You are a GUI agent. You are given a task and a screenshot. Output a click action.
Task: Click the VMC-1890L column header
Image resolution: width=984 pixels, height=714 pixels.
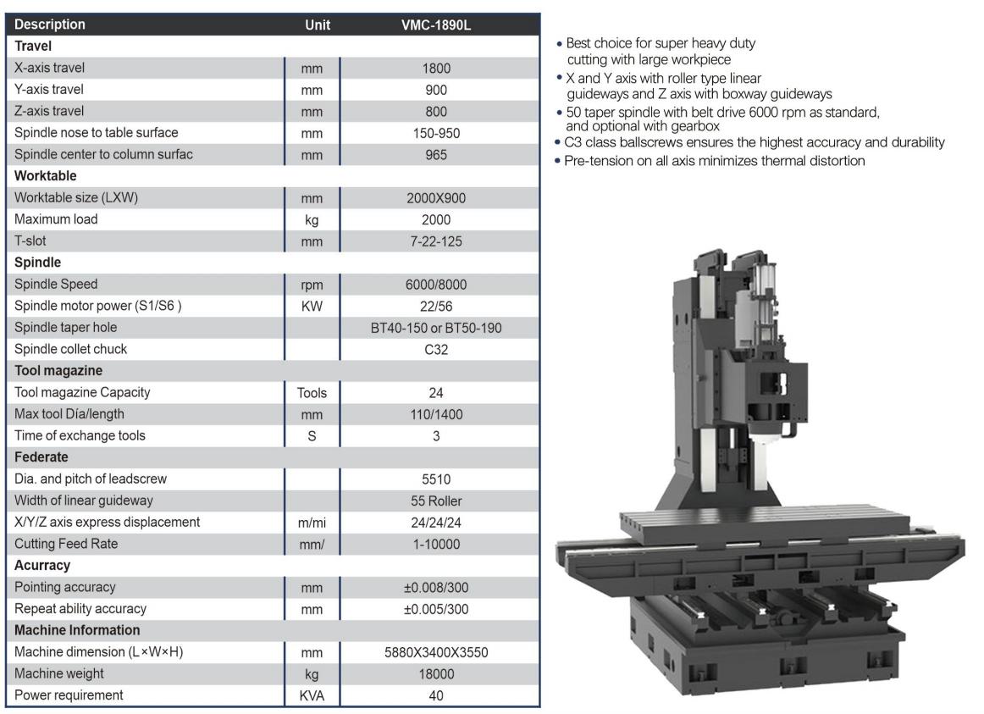tap(436, 25)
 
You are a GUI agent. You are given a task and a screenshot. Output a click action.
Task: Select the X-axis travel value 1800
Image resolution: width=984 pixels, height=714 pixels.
tap(436, 69)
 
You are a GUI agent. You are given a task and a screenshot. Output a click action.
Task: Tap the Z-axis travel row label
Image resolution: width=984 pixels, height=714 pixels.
tap(49, 111)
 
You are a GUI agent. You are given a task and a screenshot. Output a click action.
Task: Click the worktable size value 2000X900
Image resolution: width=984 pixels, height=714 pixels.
tap(436, 198)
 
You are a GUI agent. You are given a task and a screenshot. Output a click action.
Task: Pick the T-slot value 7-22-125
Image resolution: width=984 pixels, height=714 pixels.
tap(436, 241)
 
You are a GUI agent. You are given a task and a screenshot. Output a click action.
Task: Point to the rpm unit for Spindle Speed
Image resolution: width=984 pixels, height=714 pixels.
tap(312, 285)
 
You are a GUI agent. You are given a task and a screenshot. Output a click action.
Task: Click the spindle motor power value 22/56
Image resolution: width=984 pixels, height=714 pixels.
tap(436, 306)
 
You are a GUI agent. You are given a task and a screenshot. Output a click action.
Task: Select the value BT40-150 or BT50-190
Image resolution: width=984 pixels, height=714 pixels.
tap(436, 328)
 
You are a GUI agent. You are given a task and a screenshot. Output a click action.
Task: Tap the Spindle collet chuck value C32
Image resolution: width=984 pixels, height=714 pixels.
tap(436, 350)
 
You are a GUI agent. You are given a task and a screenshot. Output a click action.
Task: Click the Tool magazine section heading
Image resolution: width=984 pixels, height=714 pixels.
tap(58, 371)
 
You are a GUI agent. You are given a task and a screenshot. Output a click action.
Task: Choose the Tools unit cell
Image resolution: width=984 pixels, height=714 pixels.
tap(312, 393)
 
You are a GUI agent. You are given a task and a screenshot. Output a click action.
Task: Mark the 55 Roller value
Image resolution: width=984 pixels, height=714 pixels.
tap(436, 501)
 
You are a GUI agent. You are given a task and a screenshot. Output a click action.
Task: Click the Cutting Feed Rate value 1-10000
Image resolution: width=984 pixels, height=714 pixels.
tap(436, 545)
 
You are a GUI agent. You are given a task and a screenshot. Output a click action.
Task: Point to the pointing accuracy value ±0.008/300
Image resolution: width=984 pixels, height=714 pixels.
tap(436, 588)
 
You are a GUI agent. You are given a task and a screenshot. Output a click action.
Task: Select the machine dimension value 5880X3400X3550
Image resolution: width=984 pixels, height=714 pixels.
tap(436, 652)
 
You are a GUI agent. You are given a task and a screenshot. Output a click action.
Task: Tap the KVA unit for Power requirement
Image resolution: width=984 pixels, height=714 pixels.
tap(312, 696)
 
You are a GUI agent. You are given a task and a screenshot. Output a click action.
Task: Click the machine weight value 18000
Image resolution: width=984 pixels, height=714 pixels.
tap(436, 674)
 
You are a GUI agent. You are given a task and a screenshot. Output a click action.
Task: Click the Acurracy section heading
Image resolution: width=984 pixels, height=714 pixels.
tap(42, 565)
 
